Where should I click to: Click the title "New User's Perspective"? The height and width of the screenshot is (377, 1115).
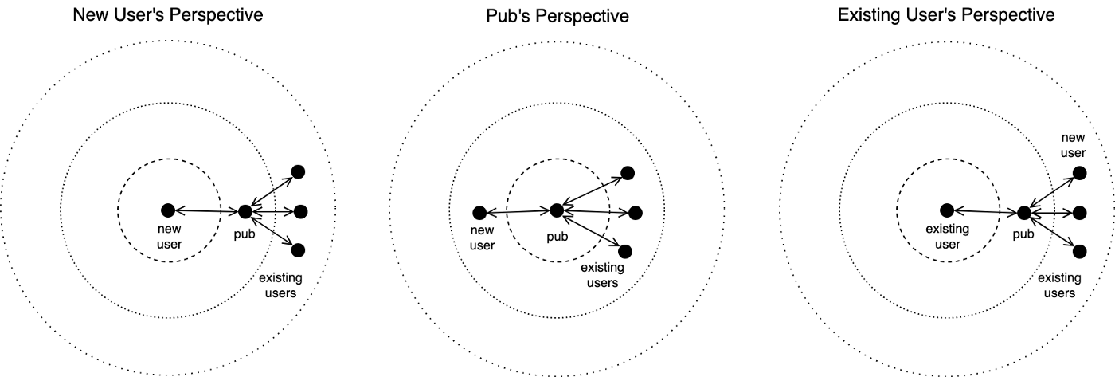coord(168,15)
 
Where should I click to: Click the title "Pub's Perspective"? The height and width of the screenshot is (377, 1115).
coord(557,16)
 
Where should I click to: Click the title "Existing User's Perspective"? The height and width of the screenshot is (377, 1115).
coord(946,15)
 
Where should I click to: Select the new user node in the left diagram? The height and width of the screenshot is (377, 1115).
coord(168,210)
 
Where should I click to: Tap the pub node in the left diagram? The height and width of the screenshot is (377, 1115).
coord(245,212)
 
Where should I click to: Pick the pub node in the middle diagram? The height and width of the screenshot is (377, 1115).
coord(557,210)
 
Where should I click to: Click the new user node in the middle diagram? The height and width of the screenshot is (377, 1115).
coord(479,213)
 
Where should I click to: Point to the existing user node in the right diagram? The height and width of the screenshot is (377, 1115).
coord(947,210)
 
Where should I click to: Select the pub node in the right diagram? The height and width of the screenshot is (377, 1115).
coord(1023,213)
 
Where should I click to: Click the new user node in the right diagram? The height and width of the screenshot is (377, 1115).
coord(1079,173)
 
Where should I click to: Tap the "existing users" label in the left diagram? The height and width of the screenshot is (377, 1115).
coord(280,285)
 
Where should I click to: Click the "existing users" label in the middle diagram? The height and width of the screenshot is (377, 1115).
coord(602,275)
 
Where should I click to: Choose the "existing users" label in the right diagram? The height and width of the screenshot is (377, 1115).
coord(1059,285)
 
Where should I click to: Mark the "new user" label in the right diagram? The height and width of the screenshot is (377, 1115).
coord(1074,145)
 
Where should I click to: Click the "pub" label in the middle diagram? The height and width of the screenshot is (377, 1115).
coord(557,237)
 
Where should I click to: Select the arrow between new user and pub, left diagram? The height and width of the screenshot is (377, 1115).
coord(207,211)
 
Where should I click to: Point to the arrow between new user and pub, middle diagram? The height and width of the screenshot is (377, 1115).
coord(518,212)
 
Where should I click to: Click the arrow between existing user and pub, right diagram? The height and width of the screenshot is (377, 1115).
coord(985,212)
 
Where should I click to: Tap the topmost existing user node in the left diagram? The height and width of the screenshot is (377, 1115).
coord(298,172)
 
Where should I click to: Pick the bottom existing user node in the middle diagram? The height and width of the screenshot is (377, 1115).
coord(625,252)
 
